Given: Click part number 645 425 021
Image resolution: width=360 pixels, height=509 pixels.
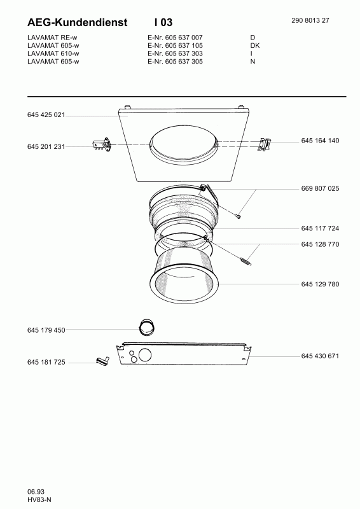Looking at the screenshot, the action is coord(46,115).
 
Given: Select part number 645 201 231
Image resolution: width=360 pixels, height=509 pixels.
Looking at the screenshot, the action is coord(46,147).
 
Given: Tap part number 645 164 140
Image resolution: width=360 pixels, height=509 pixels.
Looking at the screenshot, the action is coord(320,141).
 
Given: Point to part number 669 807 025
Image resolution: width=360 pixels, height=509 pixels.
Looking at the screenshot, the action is coord(320,188).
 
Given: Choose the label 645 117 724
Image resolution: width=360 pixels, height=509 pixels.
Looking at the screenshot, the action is coord(320,228).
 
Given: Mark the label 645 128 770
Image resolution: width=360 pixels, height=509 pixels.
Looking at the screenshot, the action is coord(320,244).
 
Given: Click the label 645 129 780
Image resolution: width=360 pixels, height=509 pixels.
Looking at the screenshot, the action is coord(320,284).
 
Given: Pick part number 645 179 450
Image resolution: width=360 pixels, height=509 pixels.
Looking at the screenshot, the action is coord(46,330).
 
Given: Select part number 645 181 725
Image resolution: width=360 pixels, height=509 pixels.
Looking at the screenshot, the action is coord(46,362).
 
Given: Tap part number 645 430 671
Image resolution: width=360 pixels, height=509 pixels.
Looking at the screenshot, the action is coord(320,356).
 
